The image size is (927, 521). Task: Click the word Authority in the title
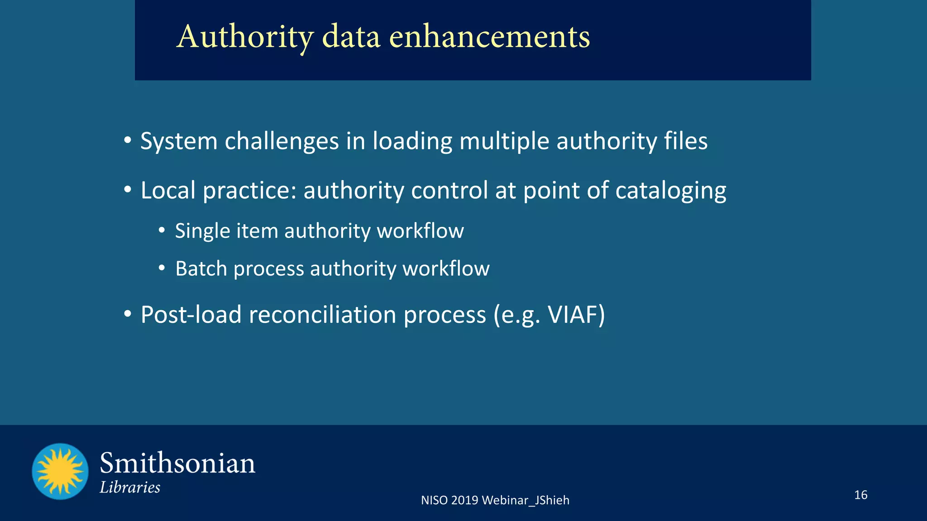245,37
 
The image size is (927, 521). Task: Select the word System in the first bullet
179,141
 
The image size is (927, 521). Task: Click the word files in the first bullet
685,141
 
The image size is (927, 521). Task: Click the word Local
168,190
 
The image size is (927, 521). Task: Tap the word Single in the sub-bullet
203,231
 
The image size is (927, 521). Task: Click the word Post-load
191,315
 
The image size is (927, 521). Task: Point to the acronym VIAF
572,315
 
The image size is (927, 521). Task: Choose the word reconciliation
323,315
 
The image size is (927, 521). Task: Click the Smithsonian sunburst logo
60,471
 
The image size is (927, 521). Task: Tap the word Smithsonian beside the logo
177,464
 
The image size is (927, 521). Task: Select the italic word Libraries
130,488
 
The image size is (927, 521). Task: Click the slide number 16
860,495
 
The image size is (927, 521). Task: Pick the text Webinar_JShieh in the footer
526,500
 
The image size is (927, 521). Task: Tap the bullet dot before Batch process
162,268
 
